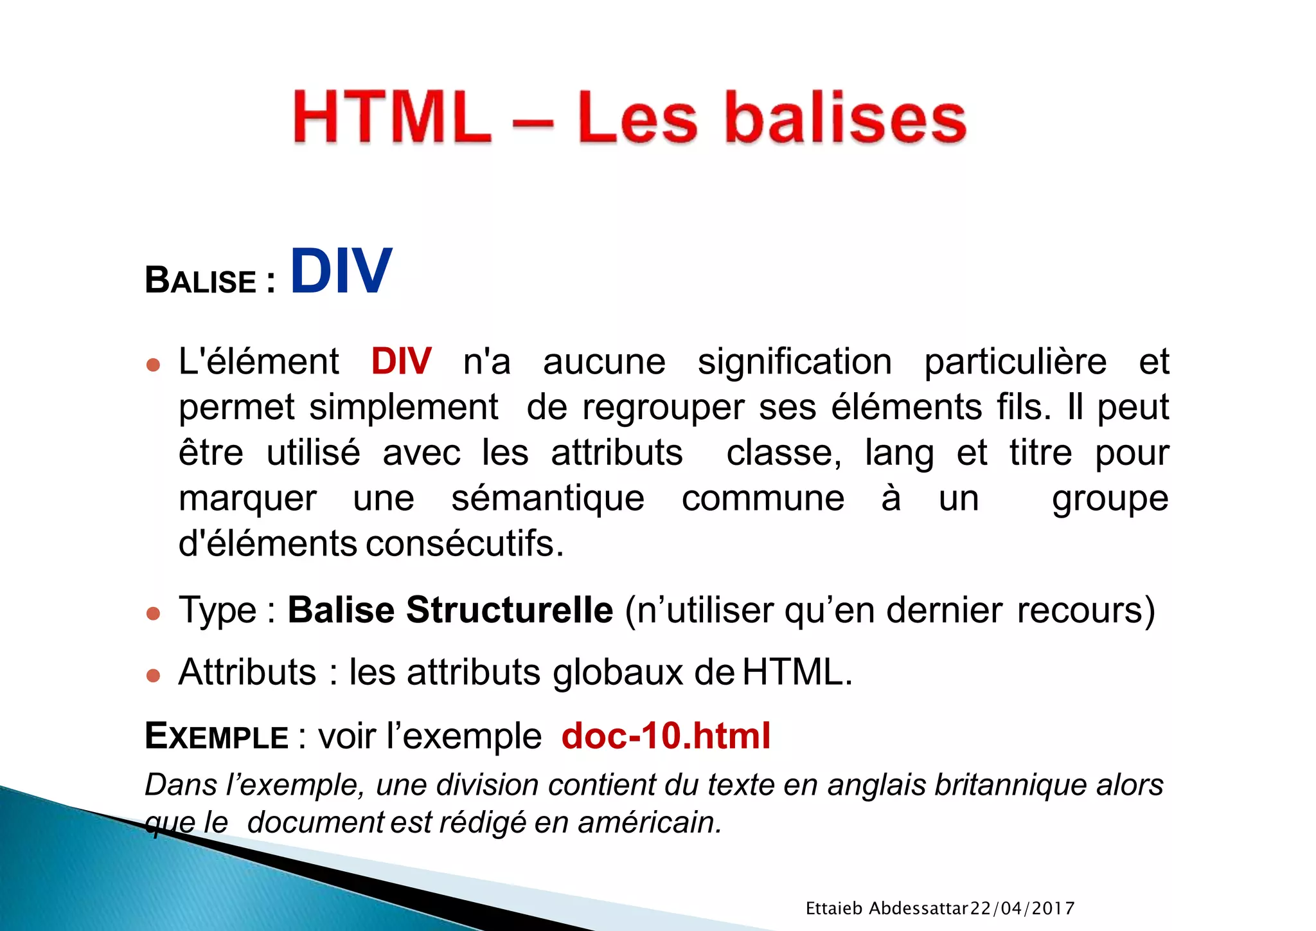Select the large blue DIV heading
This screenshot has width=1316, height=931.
coord(341,271)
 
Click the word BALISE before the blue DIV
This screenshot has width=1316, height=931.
coord(201,282)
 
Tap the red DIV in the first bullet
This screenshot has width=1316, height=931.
coord(401,361)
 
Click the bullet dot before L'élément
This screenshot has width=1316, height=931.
coord(153,365)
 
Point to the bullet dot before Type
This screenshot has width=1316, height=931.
coord(153,613)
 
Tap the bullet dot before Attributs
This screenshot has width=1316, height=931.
coord(153,675)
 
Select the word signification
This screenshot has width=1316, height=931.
coord(794,362)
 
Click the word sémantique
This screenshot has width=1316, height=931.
coord(547,498)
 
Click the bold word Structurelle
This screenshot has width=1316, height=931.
coord(509,610)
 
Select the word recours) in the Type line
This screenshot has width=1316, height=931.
coord(1086,610)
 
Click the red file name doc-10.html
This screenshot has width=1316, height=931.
coord(666,736)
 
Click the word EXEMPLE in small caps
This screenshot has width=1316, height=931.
coord(217,736)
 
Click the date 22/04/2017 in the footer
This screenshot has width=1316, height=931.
coord(1022,908)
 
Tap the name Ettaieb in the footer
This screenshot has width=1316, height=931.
coord(833,908)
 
